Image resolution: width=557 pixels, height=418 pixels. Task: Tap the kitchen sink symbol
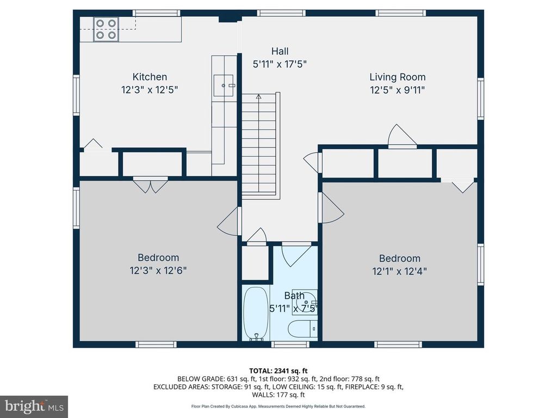[224, 85]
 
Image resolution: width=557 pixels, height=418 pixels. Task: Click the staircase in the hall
[260, 144]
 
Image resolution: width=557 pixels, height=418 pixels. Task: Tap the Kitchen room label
[150, 77]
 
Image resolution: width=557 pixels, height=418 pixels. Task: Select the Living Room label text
[397, 77]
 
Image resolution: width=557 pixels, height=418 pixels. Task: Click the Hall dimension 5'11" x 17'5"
[280, 64]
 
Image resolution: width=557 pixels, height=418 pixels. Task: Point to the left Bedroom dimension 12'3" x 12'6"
[158, 270]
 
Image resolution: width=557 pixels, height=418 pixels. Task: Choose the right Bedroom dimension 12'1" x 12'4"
[399, 271]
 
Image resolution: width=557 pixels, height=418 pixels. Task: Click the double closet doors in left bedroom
[150, 185]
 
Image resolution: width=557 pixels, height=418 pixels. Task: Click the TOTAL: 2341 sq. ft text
[278, 371]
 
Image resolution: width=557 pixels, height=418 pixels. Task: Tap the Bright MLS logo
[34, 406]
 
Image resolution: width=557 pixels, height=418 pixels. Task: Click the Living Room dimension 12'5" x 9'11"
[397, 89]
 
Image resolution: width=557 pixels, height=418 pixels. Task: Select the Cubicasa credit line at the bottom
[278, 407]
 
